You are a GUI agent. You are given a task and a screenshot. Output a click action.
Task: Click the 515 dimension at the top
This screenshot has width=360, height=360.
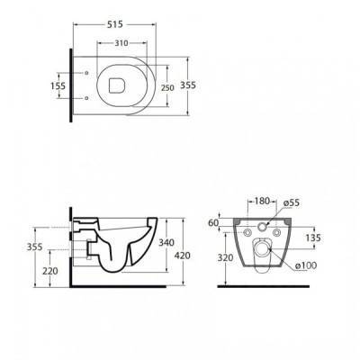(115, 24)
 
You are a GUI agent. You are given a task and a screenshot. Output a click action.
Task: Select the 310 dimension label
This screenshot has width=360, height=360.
(121, 43)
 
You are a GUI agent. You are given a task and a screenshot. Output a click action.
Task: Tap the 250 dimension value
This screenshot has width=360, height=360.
(167, 88)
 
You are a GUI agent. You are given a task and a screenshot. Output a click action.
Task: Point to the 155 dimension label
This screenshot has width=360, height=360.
(58, 85)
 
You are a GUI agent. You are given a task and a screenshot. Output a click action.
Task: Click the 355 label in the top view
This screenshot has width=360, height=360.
(188, 85)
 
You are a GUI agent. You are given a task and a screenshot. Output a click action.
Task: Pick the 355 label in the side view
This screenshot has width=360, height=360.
(35, 247)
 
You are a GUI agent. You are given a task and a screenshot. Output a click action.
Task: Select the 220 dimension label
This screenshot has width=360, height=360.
(50, 271)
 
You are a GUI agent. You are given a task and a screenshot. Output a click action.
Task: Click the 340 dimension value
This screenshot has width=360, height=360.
(166, 242)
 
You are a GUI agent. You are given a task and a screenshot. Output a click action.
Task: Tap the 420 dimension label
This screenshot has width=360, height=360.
(183, 256)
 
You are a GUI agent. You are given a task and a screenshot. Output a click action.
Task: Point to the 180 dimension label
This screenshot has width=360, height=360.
(262, 201)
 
